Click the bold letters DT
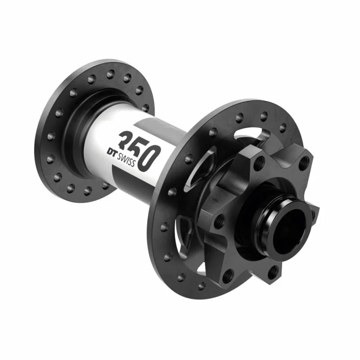pos(112,152)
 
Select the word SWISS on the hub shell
pos(126,160)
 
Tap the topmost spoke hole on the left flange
pos(110,73)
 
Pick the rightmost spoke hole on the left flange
pos(145,108)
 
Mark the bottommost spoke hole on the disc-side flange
pos(202,286)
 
